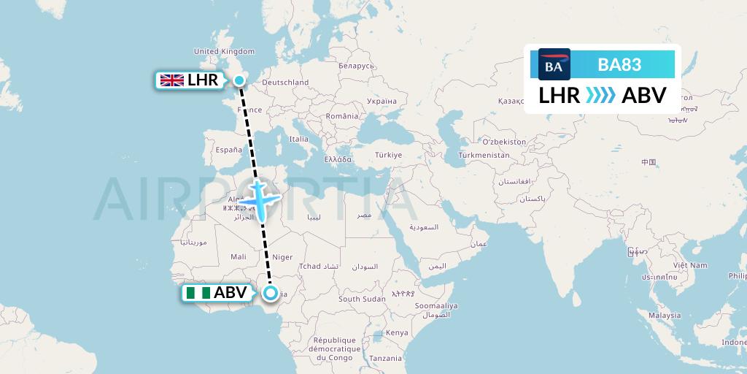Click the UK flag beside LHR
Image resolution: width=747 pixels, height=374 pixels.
pyautogui.click(x=171, y=80)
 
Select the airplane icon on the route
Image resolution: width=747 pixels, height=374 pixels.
pyautogui.click(x=258, y=197)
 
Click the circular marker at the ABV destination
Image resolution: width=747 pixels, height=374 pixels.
pyautogui.click(x=271, y=294)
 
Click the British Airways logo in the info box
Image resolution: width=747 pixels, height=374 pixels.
pyautogui.click(x=554, y=64)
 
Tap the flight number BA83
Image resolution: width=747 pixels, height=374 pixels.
pyautogui.click(x=619, y=64)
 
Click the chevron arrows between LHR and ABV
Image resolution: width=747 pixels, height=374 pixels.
pyautogui.click(x=600, y=96)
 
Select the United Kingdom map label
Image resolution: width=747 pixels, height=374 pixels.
pyautogui.click(x=224, y=51)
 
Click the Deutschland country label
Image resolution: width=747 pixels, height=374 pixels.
pyautogui.click(x=285, y=83)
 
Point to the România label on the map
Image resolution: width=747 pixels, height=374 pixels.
pyautogui.click(x=342, y=116)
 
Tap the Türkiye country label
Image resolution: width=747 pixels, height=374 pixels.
pyautogui.click(x=389, y=155)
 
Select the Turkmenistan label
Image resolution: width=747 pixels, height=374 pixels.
pyautogui.click(x=484, y=156)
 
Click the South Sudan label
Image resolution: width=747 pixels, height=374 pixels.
pyautogui.click(x=362, y=299)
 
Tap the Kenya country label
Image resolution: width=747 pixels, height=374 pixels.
pyautogui.click(x=398, y=332)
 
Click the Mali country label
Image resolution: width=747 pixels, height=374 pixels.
pyautogui.click(x=239, y=256)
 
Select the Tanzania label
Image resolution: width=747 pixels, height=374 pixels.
pyautogui.click(x=385, y=358)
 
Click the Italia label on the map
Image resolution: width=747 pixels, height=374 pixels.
pyautogui.click(x=299, y=139)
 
